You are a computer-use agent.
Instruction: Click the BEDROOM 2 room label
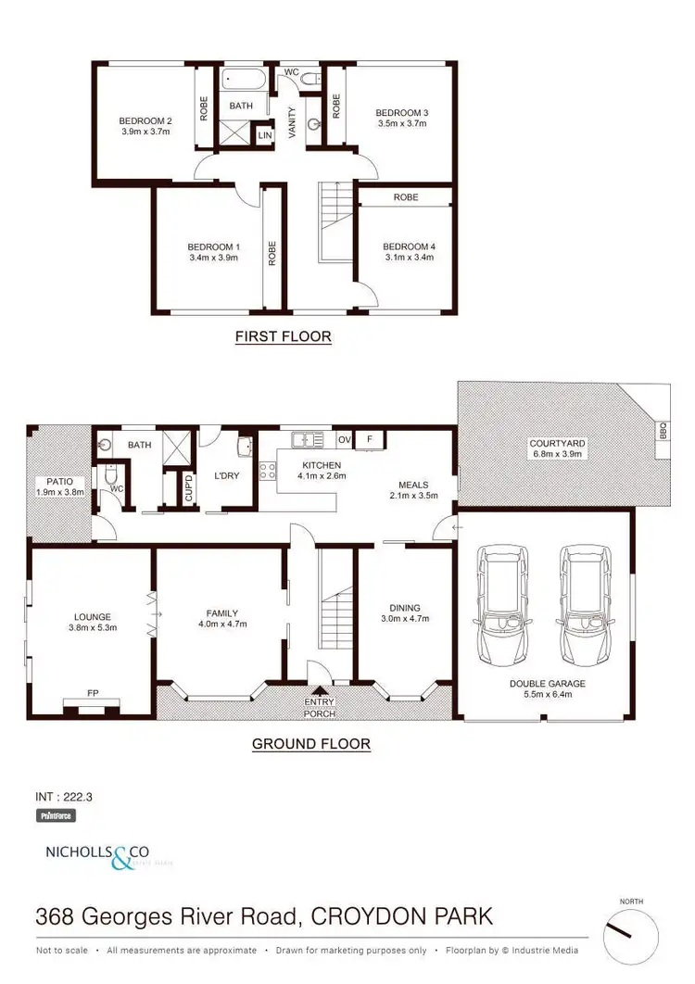tap(145, 120)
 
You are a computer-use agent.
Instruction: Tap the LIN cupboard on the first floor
tap(265, 134)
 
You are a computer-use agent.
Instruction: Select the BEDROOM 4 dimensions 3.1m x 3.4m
tap(409, 258)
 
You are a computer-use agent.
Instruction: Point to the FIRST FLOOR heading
tap(283, 336)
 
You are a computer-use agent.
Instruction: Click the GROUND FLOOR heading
tap(311, 743)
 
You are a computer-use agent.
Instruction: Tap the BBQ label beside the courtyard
tap(662, 432)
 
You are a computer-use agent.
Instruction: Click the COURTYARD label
tap(557, 443)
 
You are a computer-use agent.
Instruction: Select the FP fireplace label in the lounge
tap(93, 692)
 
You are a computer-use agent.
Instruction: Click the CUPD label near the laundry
tap(188, 487)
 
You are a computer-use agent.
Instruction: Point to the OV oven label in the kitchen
tap(344, 439)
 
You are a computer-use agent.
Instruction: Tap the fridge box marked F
tap(369, 439)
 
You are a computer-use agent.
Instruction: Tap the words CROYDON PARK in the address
tap(400, 917)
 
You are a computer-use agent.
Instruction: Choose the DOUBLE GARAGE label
tap(547, 684)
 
